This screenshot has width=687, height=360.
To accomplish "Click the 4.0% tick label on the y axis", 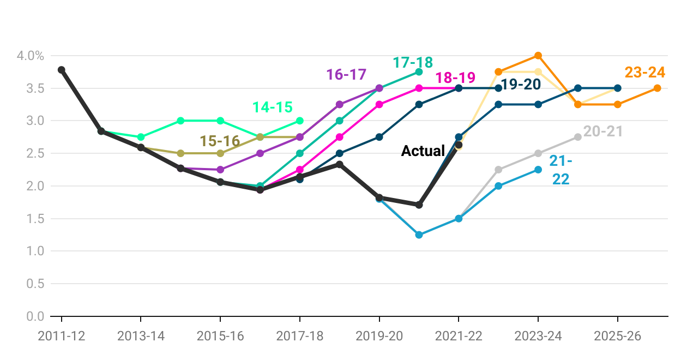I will tap(30, 56).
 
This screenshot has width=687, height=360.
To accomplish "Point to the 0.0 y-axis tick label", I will tap(33, 316).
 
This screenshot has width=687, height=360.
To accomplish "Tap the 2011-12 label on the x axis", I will tap(62, 336).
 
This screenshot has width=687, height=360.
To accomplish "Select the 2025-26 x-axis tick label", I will tap(617, 336).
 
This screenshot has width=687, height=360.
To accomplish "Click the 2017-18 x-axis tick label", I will tap(300, 336).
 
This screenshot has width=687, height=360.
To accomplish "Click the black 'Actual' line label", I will tap(423, 151).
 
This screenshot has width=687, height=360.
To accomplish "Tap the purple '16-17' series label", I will tap(346, 74).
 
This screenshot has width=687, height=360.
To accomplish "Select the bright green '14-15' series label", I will tap(273, 107).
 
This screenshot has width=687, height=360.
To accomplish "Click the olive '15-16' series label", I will tap(220, 141).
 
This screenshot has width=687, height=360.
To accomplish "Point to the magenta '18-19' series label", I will tap(455, 77).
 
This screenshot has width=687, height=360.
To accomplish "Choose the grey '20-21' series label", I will tap(602, 131).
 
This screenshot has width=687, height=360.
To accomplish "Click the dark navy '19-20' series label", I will tap(521, 85).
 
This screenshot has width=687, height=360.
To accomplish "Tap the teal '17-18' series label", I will tap(413, 62).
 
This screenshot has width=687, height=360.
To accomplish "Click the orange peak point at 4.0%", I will tap(538, 56).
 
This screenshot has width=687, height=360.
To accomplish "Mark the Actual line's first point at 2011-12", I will tap(62, 70).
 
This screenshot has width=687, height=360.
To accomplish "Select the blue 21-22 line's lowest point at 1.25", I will tap(419, 235).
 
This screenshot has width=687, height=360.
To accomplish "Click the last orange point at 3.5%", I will tap(657, 88).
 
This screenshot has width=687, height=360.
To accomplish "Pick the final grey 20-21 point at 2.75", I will tap(578, 137).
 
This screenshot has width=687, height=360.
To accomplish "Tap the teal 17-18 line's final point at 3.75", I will tap(419, 72).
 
